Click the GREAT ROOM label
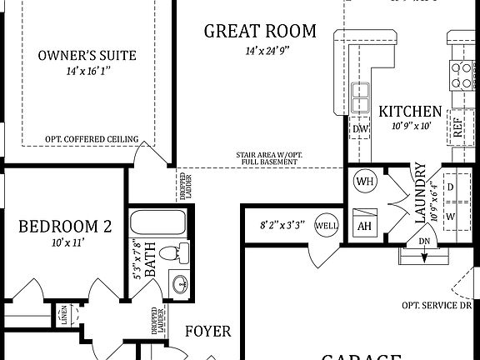(x=260, y=32)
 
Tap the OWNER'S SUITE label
(x=87, y=57)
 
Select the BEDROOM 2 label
(x=65, y=226)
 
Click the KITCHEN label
(x=410, y=112)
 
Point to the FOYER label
(x=207, y=332)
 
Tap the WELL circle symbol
(x=326, y=225)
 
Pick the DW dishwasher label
(x=360, y=129)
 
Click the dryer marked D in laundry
(x=450, y=187)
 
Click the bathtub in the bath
(x=159, y=225)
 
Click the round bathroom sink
(x=179, y=283)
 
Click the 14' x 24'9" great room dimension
(x=260, y=51)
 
